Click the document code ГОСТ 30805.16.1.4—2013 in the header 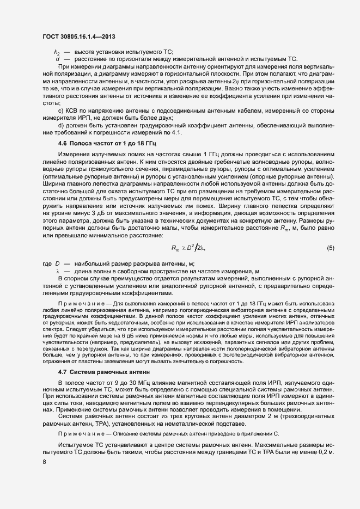(x=78, y=37)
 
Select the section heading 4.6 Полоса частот (x=95, y=143)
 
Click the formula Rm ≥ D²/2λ (x=188, y=248)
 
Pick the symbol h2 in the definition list (x=57, y=52)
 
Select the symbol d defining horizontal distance (x=57, y=58)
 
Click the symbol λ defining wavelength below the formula (x=57, y=271)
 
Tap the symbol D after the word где (x=57, y=264)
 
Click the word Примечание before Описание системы (x=78, y=433)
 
